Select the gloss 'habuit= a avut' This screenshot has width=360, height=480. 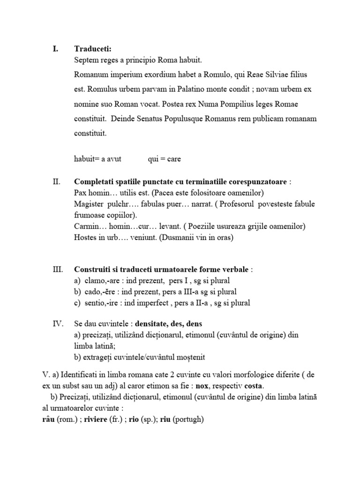coord(97,158)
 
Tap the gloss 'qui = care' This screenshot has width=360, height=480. coord(164,158)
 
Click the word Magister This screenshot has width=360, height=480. coord(90,204)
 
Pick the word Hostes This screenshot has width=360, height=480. coord(86,238)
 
